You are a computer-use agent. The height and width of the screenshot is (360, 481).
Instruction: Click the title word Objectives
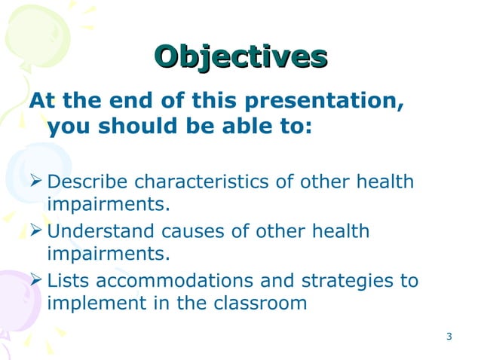coord(240,56)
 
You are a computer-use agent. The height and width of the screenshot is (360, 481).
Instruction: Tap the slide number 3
coord(449,336)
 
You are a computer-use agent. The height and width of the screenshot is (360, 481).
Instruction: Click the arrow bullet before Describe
coord(35,182)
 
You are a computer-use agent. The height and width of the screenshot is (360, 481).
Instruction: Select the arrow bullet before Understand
coord(35,231)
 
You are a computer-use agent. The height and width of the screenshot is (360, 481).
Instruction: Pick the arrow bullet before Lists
coord(35,281)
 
